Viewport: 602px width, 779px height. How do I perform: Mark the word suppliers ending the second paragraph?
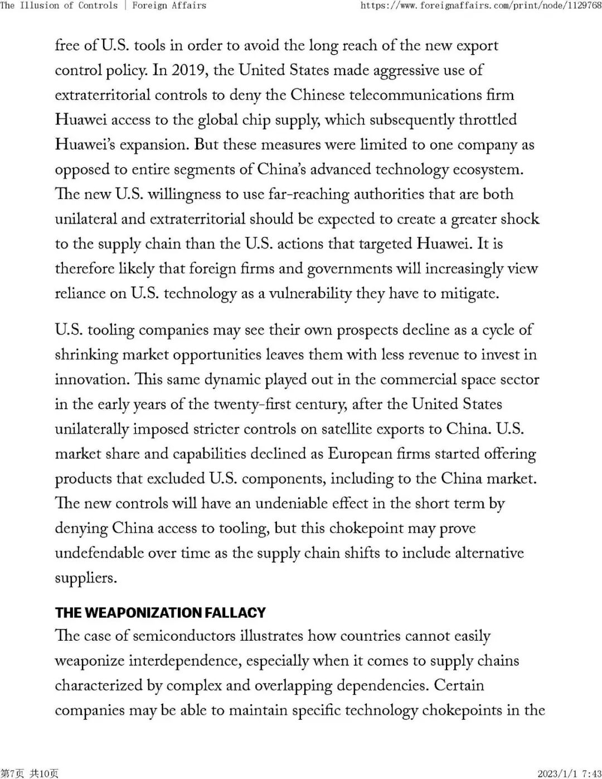85,578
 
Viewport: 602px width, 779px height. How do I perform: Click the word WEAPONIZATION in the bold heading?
143,613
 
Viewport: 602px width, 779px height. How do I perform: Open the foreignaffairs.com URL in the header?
480,6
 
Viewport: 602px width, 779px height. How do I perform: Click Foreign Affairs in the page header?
169,6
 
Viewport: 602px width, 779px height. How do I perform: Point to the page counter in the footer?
29,773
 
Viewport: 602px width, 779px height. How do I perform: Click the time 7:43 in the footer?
592,773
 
